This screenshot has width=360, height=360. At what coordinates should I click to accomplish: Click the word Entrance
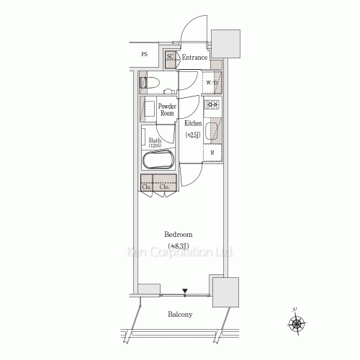tap(194, 58)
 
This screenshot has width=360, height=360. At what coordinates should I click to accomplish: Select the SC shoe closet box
tap(171, 58)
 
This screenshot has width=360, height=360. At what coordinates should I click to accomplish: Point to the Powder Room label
tap(167, 109)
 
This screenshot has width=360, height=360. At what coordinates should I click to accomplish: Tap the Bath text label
tap(155, 140)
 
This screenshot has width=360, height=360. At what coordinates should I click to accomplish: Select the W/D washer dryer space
tap(212, 83)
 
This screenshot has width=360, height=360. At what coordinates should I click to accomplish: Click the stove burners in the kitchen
tap(212, 105)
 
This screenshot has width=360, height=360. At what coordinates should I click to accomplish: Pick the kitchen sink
tap(212, 131)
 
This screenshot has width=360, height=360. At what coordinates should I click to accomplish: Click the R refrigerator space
tap(212, 152)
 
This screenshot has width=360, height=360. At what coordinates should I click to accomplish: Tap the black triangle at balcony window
tap(185, 292)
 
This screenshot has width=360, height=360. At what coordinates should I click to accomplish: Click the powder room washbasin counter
tap(149, 110)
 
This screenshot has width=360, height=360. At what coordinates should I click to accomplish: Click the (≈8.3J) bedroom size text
tap(178, 246)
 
